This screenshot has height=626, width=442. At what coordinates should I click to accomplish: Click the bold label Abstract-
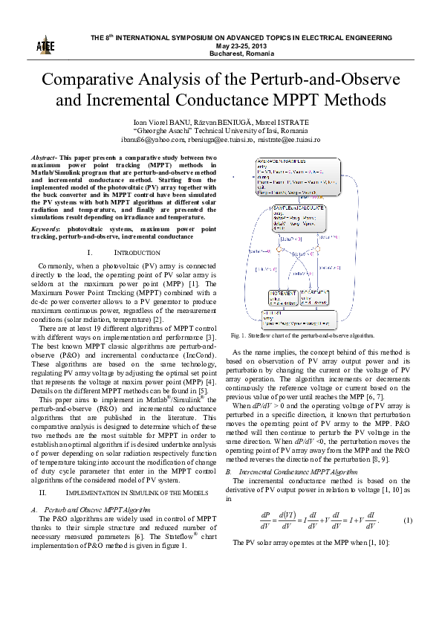44,158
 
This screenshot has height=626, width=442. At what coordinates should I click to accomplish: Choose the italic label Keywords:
46,230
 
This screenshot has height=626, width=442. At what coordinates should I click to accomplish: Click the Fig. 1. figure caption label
239,336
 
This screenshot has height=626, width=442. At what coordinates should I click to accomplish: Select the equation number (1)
407,520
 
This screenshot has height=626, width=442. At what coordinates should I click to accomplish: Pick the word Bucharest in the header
224,54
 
